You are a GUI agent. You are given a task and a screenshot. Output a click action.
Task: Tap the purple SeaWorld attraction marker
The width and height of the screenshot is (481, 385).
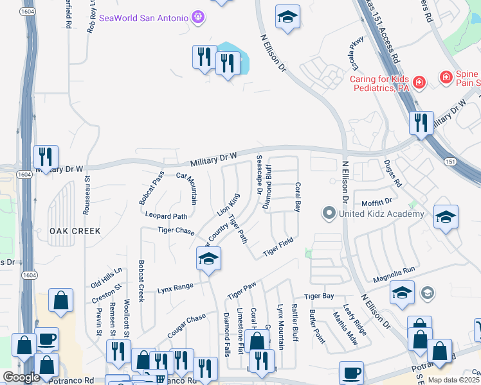(x=198, y=16)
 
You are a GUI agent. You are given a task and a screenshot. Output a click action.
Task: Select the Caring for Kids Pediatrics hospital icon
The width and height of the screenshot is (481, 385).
(x=419, y=82)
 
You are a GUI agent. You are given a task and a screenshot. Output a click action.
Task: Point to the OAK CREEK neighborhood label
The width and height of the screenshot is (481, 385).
(x=75, y=230)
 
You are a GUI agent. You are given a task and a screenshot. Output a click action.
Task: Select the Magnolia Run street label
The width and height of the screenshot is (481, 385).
(x=394, y=276)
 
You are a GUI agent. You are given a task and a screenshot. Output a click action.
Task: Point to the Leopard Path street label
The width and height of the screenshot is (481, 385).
(x=166, y=216)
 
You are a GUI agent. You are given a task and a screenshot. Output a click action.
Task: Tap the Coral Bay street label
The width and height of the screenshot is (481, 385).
(x=298, y=198)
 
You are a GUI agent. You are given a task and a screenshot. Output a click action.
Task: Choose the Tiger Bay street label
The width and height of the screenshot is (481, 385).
(x=319, y=296)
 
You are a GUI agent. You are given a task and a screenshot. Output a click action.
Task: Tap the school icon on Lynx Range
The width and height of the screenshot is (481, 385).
(x=208, y=259)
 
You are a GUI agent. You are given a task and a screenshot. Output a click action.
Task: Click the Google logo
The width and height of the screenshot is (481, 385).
(x=21, y=377)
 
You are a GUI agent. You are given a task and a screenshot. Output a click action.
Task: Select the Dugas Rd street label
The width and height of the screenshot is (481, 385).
(x=393, y=173)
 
